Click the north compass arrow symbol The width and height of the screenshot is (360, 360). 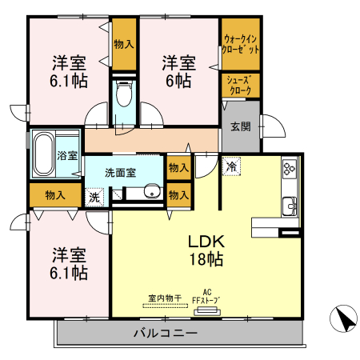[x=344, y=320]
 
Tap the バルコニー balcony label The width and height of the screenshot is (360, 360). [x=165, y=332]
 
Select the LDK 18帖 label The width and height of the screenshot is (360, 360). [x=206, y=249]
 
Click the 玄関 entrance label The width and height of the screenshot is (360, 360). [x=240, y=126]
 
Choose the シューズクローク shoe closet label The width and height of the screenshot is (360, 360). [x=240, y=86]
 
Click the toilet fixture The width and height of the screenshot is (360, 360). [x=123, y=94]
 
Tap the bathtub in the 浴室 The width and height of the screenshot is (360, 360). [x=44, y=155]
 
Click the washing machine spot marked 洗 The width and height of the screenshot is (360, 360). [x=94, y=196]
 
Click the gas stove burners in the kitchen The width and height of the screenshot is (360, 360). [x=289, y=170]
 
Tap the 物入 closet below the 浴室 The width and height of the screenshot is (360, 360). [x=55, y=194]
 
